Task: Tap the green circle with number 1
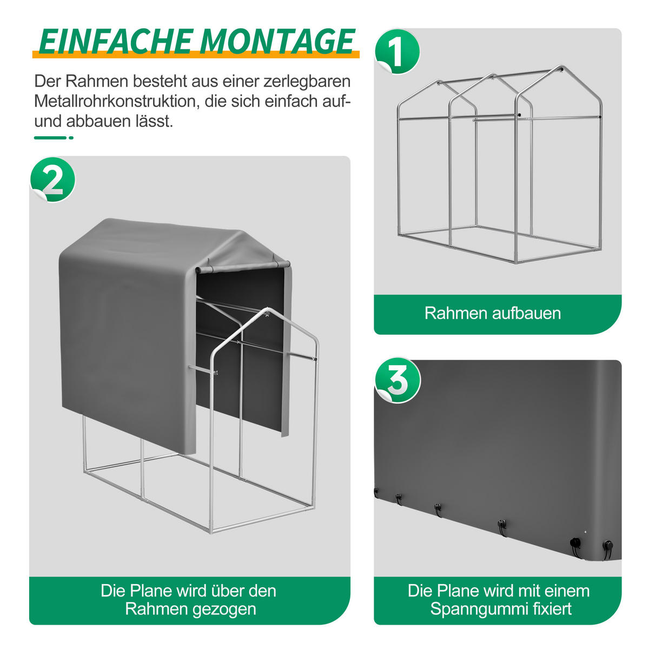(398, 51)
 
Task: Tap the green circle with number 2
(53, 180)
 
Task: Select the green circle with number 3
(398, 380)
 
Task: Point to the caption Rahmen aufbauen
(493, 313)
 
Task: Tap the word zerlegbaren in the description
(307, 81)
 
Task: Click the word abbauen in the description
(98, 121)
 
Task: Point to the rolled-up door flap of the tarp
(243, 267)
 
